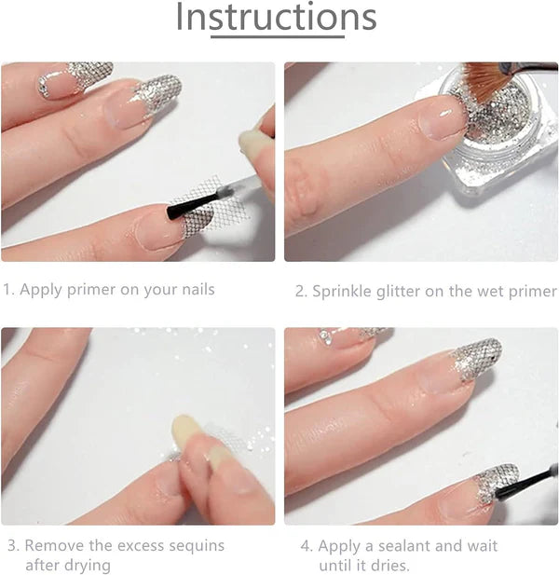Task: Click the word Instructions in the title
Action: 276,17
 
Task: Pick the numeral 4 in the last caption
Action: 306,546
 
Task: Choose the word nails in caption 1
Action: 198,289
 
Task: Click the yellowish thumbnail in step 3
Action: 184,431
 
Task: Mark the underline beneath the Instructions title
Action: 278,36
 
